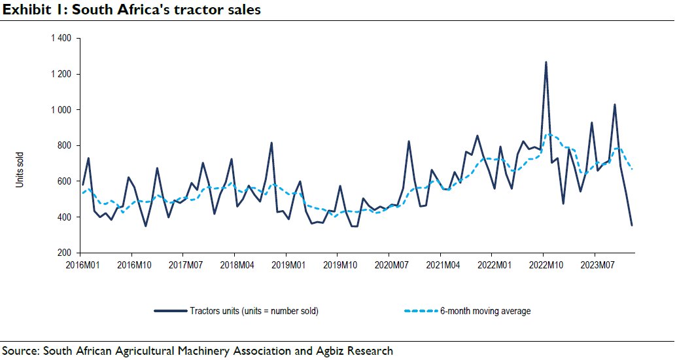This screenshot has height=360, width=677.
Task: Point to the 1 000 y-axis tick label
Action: click(x=61, y=110)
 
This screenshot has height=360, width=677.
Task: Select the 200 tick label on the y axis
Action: click(x=64, y=253)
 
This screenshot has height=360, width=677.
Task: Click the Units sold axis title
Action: click(x=20, y=170)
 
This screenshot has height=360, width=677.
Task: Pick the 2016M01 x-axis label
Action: click(x=82, y=265)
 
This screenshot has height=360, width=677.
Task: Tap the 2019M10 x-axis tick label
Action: click(x=340, y=265)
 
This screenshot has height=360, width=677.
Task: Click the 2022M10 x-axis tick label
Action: click(x=546, y=265)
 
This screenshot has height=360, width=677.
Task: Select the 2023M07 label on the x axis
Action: click(x=598, y=265)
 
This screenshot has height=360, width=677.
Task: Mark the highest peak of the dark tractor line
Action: click(x=546, y=62)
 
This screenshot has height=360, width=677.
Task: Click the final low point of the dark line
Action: click(x=632, y=225)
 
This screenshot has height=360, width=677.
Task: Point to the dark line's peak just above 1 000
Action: click(x=614, y=105)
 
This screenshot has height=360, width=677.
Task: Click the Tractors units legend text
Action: click(x=254, y=311)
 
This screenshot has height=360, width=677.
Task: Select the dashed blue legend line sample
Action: click(x=421, y=311)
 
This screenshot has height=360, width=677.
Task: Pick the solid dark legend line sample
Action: click(x=171, y=311)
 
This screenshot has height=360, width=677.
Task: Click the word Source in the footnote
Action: click(x=20, y=350)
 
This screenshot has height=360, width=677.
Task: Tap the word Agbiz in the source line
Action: click(x=332, y=351)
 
